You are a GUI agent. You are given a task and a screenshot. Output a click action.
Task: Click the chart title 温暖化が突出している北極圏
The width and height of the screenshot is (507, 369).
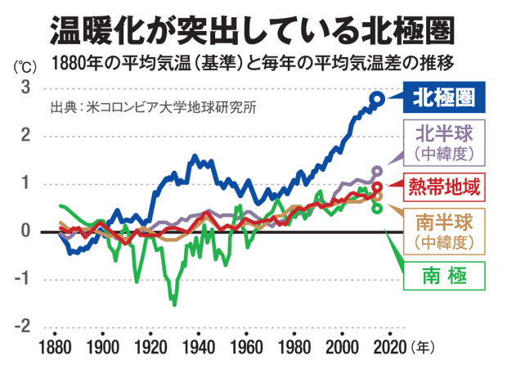pyautogui.click(x=253, y=29)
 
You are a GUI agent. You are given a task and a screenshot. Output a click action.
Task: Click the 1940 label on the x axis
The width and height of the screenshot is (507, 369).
pyautogui.click(x=197, y=344)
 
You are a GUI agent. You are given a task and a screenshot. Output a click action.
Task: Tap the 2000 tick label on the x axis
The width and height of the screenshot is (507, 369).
pyautogui.click(x=339, y=344)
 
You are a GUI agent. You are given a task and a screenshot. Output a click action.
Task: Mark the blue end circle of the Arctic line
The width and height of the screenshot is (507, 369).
pyautogui.click(x=376, y=99)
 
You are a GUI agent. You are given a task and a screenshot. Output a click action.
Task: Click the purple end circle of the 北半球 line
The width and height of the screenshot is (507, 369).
pyautogui.click(x=377, y=172)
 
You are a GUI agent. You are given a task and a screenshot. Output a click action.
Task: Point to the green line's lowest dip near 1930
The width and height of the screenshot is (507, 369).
pyautogui.click(x=173, y=304)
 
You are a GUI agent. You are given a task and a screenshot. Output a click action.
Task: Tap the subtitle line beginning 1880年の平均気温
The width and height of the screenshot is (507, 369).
pyautogui.click(x=253, y=62)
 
